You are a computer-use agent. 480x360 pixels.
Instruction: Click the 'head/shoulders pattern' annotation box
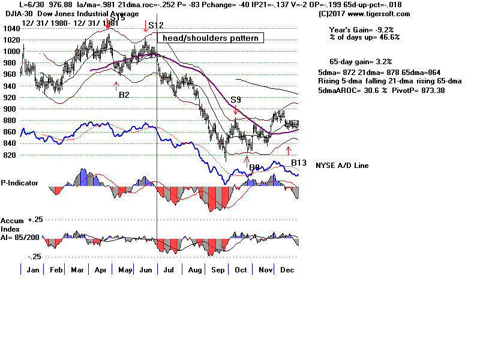pos(210,38)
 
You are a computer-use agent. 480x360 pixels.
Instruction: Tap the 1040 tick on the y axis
pos(10,29)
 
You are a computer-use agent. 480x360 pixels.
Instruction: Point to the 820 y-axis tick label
pos(10,155)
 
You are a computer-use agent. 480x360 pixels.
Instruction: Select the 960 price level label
pos(10,74)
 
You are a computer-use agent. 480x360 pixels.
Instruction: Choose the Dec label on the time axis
pos(287,271)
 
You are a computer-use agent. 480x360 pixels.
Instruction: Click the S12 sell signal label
pos(155,26)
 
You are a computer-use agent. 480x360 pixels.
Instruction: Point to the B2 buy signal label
pos(124,95)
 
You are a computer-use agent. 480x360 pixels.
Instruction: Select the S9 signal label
pos(236,100)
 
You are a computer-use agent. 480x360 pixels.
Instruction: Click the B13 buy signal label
pos(299,163)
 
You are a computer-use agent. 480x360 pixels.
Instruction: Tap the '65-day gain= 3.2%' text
pos(361,62)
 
